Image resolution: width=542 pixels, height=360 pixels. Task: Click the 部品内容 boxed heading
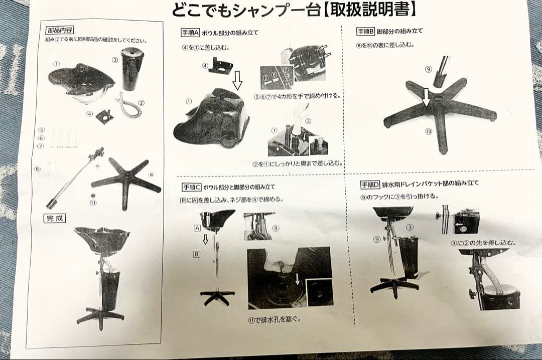tap(60, 30)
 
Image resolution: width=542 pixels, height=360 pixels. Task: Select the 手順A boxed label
tap(190, 33)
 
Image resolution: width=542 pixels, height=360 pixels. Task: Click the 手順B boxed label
tap(365, 31)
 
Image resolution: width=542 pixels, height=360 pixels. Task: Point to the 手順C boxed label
tap(191, 188)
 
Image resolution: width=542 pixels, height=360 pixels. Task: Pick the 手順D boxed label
tap(370, 184)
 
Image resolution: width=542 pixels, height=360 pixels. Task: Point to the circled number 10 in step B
tap(428, 131)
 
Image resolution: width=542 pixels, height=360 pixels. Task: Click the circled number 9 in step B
tap(428, 69)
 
